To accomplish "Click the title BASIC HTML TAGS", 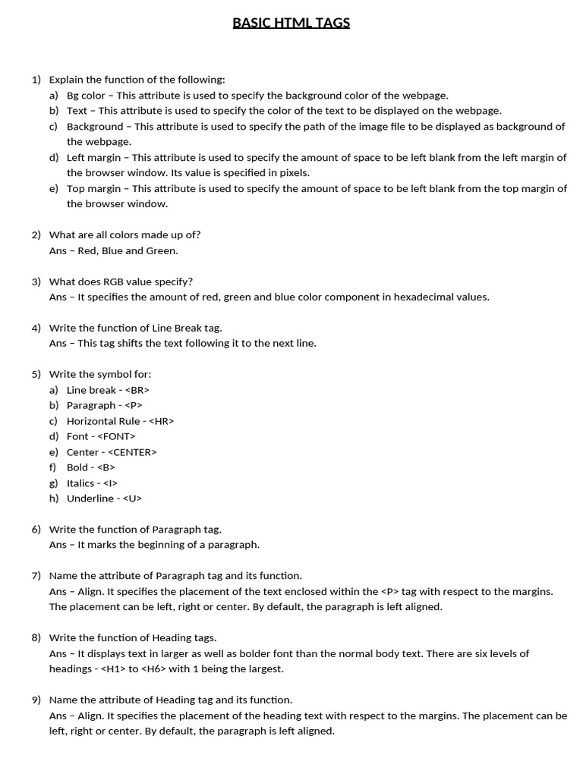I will point(291,23).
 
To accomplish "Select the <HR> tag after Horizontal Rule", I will point(161,421).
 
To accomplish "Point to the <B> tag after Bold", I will point(106,467).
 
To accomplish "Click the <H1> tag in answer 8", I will point(112,668).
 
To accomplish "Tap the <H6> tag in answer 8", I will point(150,668).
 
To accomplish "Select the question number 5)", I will point(36,374).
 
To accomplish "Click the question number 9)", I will point(36,700).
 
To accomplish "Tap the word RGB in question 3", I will point(124,282).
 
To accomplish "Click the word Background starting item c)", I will point(94,127).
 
